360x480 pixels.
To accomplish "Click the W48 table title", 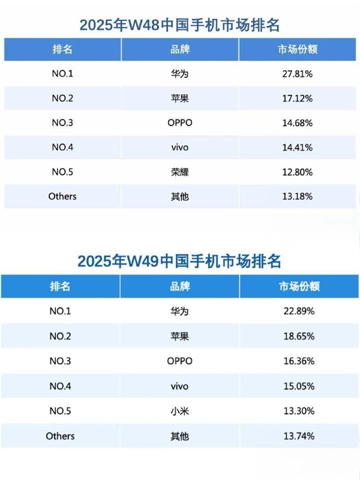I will [x=180, y=25].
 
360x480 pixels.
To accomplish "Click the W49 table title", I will [x=180, y=262].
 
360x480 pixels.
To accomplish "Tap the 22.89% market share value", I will [x=299, y=311].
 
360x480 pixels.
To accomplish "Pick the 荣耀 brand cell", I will [x=180, y=172].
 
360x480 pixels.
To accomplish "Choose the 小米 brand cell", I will [x=180, y=411].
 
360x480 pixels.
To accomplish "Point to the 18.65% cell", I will [x=299, y=337].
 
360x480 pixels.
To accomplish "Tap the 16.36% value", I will [x=299, y=361].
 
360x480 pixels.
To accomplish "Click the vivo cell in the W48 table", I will [x=180, y=148].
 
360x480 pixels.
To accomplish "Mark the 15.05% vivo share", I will [x=299, y=386].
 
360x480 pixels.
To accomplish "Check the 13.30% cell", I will [x=299, y=411].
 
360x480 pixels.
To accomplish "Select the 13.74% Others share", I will [x=299, y=436].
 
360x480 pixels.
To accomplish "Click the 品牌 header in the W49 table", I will [x=180, y=287].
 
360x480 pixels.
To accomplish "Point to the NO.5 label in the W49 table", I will [x=60, y=411].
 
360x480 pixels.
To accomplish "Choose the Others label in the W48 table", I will [x=62, y=196].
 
